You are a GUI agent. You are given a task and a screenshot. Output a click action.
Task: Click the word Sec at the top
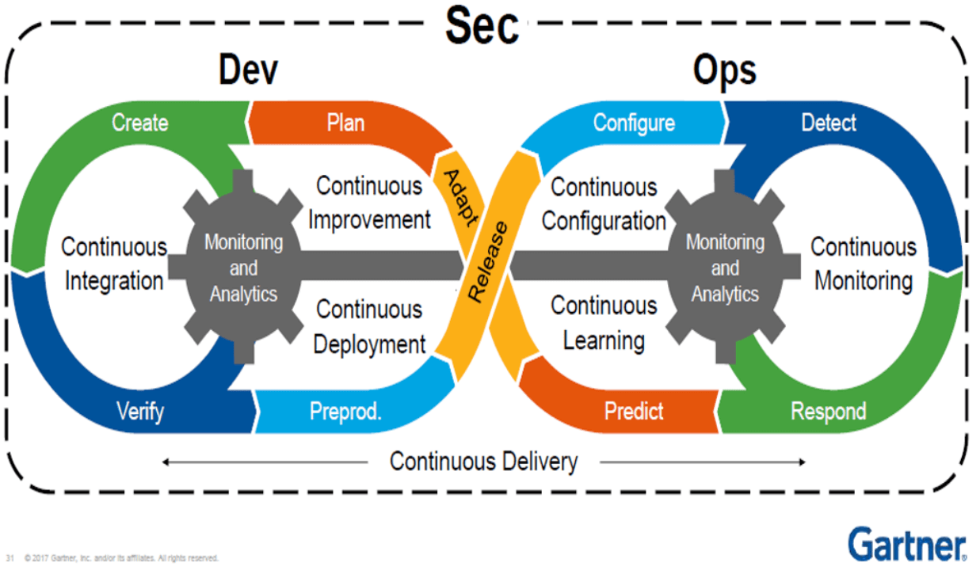[x=482, y=26]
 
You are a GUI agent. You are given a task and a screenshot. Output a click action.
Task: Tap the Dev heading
[x=248, y=70]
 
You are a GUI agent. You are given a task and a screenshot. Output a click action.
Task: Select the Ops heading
[x=725, y=70]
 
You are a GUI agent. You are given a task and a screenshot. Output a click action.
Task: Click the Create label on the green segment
[x=140, y=123]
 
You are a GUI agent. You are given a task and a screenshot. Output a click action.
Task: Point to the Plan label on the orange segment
[x=345, y=123]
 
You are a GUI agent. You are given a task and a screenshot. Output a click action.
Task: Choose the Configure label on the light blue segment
[x=634, y=123]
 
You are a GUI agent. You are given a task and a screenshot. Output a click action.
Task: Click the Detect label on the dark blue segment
[x=829, y=123]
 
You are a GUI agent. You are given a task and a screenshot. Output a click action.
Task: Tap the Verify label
[x=140, y=412]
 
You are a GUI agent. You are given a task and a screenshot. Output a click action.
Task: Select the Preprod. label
[x=345, y=412]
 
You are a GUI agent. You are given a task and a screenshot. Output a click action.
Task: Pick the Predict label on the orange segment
[x=634, y=411]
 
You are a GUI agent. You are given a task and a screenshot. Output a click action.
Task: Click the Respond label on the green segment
[x=828, y=412]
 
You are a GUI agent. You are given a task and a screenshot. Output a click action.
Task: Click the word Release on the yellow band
[x=488, y=262]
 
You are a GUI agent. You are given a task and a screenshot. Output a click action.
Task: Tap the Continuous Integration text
[x=114, y=264]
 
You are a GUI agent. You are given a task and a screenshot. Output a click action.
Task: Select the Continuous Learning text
[x=604, y=323]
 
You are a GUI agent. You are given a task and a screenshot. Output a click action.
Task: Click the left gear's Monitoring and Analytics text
[x=244, y=268]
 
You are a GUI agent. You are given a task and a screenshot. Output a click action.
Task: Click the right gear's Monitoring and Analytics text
[x=725, y=268]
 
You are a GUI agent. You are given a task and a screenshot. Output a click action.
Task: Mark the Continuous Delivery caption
[x=483, y=462]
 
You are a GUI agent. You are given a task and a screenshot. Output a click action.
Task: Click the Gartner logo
[x=907, y=544]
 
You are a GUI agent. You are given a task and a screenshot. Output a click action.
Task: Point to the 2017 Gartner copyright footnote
[x=120, y=558]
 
